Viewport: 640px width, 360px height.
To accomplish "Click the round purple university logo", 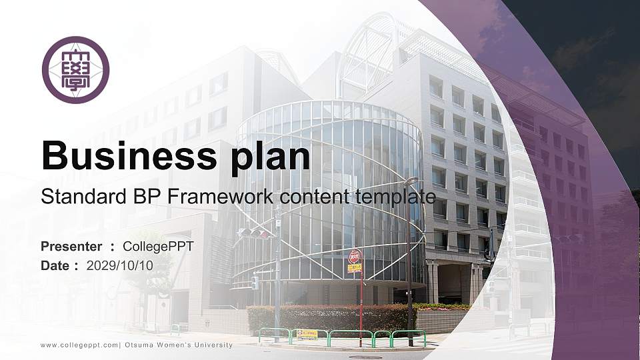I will (x=75, y=70).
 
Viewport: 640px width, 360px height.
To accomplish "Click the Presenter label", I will (x=71, y=247).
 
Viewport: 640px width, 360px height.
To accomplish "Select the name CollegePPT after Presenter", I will (x=159, y=247).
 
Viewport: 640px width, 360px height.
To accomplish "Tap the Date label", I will (x=55, y=265).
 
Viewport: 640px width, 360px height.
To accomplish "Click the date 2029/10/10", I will (x=120, y=265).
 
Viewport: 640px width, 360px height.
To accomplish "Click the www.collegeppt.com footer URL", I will (x=79, y=345).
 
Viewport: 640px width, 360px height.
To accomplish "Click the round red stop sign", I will (x=355, y=256).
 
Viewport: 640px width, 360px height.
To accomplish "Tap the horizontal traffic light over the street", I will (x=254, y=233).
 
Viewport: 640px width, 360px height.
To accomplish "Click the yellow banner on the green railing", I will (x=307, y=334).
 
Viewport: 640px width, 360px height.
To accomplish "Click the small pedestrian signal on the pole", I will (x=255, y=283).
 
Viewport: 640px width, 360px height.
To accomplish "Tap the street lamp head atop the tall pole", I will (x=412, y=180).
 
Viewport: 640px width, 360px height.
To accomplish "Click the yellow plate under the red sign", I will (x=355, y=268).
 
